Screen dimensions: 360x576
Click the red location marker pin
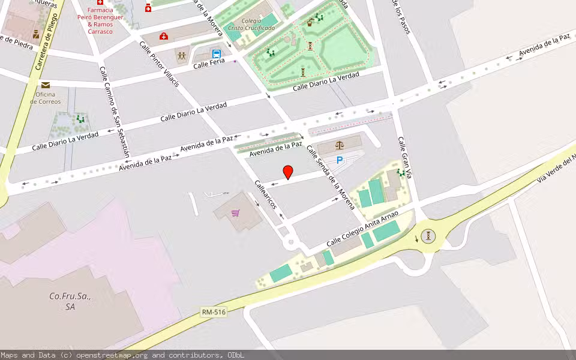(288, 172)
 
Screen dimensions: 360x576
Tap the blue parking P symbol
(340, 160)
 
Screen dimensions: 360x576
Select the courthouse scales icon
(340, 145)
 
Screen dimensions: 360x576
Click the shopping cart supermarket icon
(236, 213)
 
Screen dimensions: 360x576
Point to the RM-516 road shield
(214, 312)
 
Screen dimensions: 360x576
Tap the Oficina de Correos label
(45, 98)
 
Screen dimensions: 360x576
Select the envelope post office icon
(46, 85)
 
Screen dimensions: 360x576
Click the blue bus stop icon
(217, 53)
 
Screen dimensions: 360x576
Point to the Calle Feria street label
(208, 64)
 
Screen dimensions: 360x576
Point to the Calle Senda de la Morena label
(331, 177)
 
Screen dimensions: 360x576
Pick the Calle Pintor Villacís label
(159, 64)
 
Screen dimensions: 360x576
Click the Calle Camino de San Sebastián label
(114, 111)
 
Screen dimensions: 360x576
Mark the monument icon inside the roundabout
(427, 236)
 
